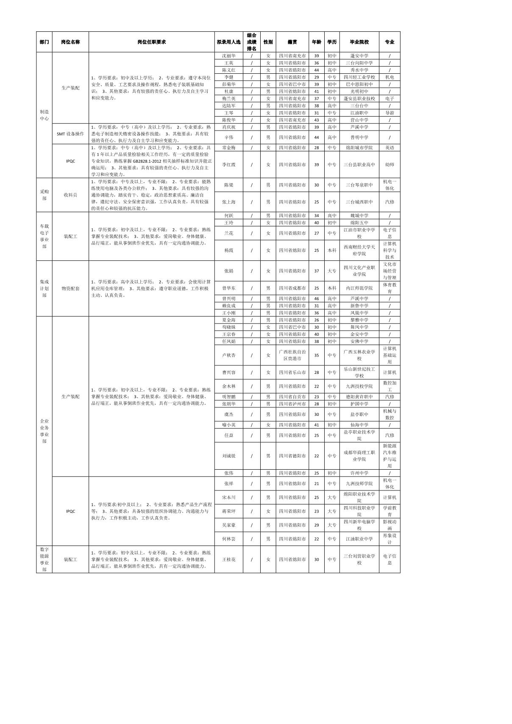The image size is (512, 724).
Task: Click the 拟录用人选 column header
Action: [228, 42]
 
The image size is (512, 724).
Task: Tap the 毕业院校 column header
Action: [359, 42]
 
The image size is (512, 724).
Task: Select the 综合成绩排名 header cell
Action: [251, 42]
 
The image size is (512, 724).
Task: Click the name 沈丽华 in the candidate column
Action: [229, 56]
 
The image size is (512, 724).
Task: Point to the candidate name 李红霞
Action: [229, 164]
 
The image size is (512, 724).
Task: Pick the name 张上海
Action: [229, 202]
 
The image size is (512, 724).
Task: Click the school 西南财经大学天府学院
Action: [359, 250]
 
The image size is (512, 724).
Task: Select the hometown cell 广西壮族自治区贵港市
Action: [292, 355]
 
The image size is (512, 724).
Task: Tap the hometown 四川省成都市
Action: [292, 288]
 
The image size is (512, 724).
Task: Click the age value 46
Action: [316, 298]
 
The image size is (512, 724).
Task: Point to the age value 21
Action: [316, 484]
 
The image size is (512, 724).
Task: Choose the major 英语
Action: [390, 148]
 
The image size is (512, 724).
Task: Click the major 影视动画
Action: [390, 525]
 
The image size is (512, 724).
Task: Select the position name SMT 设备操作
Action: [70, 134]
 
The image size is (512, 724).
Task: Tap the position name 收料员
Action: [70, 195]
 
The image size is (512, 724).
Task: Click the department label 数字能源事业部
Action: [44, 560]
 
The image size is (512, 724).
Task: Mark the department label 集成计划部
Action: [44, 288]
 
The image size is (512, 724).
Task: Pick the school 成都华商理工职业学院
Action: [359, 456]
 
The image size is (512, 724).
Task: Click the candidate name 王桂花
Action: [229, 560]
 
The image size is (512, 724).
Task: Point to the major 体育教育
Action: [390, 288]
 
